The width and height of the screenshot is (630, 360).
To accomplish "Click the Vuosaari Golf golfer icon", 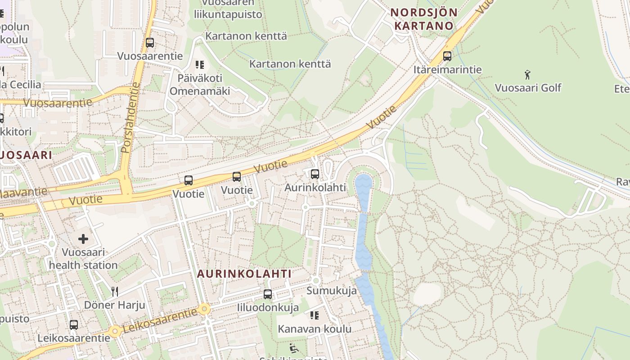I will [x=527, y=74].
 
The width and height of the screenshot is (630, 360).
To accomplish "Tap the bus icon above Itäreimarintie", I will [x=447, y=56].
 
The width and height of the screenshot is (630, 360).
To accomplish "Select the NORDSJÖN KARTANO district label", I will [x=423, y=19].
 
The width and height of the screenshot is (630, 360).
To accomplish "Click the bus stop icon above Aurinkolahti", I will [x=315, y=174].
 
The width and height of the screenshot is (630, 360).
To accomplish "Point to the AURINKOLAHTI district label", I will [x=244, y=274].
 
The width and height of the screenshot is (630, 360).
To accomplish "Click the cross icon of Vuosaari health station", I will [x=83, y=239].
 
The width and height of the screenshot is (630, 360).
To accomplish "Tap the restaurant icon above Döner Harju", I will [x=115, y=292].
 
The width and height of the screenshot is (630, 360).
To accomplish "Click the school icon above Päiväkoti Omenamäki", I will [x=200, y=65].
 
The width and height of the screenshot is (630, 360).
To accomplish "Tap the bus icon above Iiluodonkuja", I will [x=268, y=294].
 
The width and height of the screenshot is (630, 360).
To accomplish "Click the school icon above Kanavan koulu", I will [x=314, y=315].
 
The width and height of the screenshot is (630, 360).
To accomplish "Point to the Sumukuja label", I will [x=332, y=291].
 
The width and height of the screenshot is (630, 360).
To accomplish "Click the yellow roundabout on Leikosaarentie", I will [x=205, y=309].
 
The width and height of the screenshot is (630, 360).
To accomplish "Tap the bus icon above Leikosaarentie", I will [x=73, y=324].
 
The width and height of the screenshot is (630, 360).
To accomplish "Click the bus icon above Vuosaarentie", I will [x=150, y=43].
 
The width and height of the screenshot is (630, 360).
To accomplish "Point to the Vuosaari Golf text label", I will [x=528, y=87].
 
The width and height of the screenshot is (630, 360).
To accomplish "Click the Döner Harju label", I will [x=115, y=305].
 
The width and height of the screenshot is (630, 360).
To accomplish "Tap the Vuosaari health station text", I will [x=83, y=259].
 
